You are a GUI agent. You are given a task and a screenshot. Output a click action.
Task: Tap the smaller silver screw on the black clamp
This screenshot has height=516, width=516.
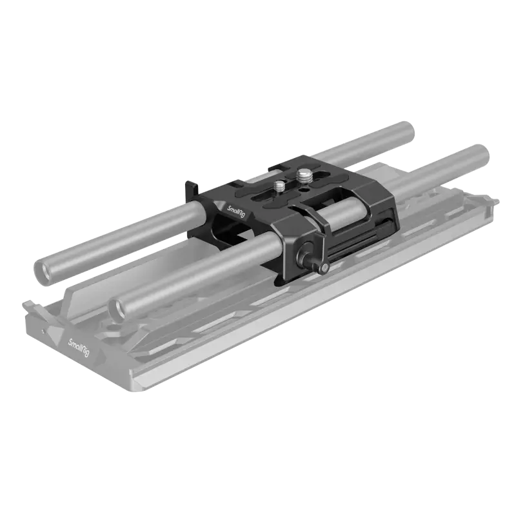pyautogui.click(x=280, y=186)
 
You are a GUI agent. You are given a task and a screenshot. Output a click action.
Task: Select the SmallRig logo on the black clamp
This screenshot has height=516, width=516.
pyautogui.click(x=236, y=210)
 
